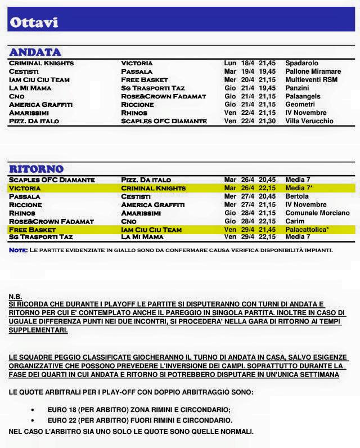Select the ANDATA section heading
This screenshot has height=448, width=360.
pyautogui.click(x=35, y=52)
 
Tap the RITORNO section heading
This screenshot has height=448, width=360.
pyautogui.click(x=36, y=168)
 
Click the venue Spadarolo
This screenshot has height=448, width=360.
pyautogui.click(x=301, y=63)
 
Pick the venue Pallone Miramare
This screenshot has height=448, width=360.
pyautogui.click(x=313, y=71)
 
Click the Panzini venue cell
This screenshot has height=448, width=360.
pyautogui.click(x=297, y=88)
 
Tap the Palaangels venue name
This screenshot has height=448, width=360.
pyautogui.click(x=303, y=96)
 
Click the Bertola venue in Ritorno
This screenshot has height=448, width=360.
pyautogui.click(x=297, y=196)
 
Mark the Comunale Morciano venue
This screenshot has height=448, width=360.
pyautogui.click(x=317, y=213)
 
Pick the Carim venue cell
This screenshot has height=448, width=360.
pyautogui.click(x=294, y=222)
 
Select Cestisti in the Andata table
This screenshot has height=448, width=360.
pyautogui.click(x=24, y=71)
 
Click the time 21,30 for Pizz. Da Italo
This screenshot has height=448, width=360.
pyautogui.click(x=267, y=121)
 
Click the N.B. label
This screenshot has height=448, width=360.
pyautogui.click(x=15, y=296)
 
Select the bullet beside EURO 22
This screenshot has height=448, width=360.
pyautogui.click(x=33, y=420)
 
